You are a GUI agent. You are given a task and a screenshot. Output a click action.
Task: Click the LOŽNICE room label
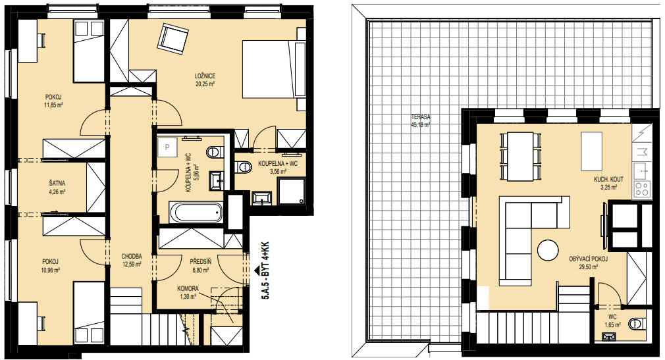pyautogui.click(x=205, y=76)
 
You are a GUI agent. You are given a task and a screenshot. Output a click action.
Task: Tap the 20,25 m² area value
pyautogui.click(x=205, y=84)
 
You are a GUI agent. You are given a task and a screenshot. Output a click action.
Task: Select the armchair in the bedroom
pyautogui.click(x=173, y=39)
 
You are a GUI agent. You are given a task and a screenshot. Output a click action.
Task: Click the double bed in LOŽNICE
pyautogui.click(x=274, y=68)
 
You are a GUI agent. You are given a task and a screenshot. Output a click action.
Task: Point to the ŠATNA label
pyautogui.click(x=57, y=184)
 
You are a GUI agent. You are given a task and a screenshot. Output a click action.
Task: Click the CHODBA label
pyautogui.click(x=132, y=257)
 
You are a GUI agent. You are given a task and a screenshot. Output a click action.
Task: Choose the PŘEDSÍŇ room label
pyautogui.click(x=201, y=262)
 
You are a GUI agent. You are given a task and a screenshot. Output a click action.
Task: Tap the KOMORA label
pyautogui.click(x=188, y=289)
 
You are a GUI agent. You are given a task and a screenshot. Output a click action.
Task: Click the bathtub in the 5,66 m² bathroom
pyautogui.click(x=196, y=212)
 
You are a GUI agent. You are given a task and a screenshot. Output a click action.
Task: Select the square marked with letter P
pyautogui.click(x=167, y=147)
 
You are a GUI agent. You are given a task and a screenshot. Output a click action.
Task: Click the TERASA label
pyautogui.click(x=420, y=116)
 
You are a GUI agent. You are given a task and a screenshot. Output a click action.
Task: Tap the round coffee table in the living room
pyautogui.click(x=548, y=250)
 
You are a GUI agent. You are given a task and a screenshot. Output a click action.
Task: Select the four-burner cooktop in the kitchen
pyautogui.click(x=641, y=189)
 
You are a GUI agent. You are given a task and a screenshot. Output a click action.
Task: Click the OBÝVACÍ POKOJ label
pyautogui.click(x=588, y=259)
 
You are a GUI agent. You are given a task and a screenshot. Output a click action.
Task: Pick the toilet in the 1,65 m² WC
pyautogui.click(x=637, y=324)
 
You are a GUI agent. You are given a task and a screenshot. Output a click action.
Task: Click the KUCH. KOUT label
pyautogui.click(x=608, y=180)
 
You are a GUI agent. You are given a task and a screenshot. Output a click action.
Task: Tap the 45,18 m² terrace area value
pyautogui.click(x=420, y=124)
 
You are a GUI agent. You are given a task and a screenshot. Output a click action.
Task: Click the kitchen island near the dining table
pyautogui.click(x=591, y=151)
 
